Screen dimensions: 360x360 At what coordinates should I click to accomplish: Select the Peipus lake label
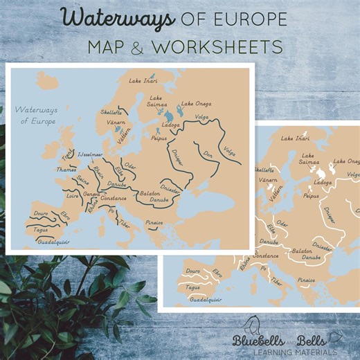click(159, 138)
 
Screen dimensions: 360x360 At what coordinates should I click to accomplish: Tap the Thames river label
click(67, 168)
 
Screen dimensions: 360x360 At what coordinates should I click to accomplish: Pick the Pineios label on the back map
click(306, 280)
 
